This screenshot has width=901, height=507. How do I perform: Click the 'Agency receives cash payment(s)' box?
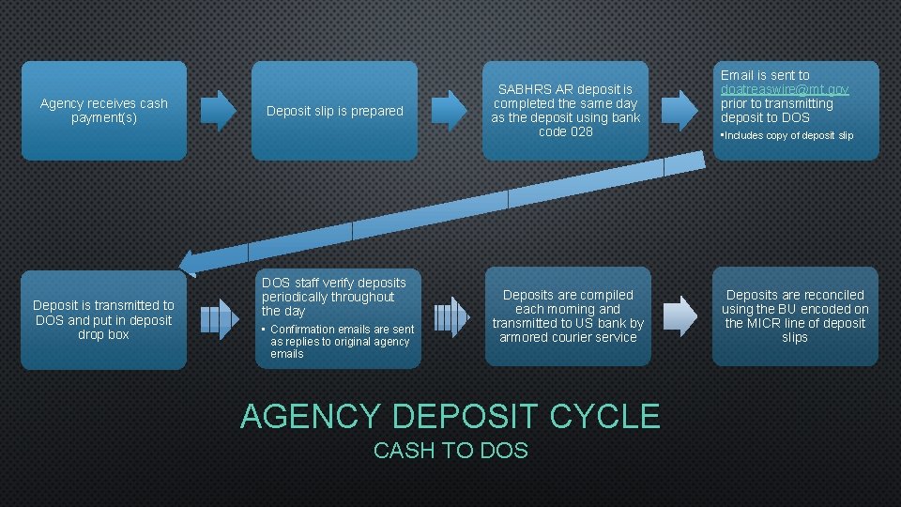click(103, 111)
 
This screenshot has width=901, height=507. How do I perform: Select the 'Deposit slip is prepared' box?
click(334, 111)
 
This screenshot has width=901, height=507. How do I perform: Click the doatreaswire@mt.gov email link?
click(785, 89)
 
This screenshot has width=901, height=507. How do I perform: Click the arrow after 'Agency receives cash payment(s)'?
click(220, 111)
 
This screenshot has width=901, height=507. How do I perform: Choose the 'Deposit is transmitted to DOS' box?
click(103, 319)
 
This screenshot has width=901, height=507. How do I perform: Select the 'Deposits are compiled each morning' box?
click(568, 315)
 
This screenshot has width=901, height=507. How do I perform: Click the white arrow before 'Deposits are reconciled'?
click(681, 317)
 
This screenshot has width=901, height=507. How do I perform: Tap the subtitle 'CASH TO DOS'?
click(450, 451)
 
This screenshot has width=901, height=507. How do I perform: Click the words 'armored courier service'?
click(568, 337)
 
